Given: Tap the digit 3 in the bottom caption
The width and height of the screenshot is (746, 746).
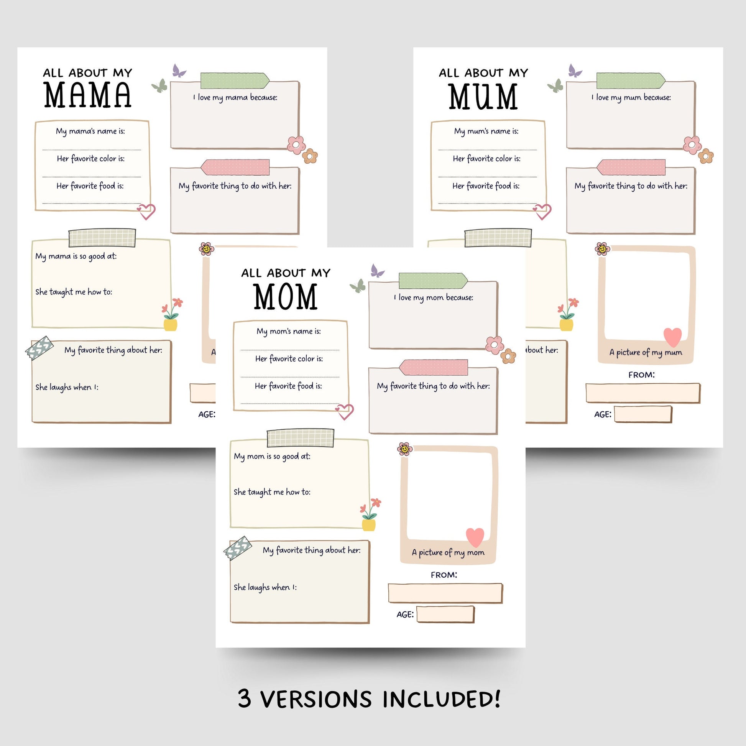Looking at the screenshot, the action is [245, 699].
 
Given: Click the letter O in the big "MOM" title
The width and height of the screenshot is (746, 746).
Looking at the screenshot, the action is [285, 297].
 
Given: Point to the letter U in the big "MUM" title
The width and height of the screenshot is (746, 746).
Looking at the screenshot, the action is [483, 97].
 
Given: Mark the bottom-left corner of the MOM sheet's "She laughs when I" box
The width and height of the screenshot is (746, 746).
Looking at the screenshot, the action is [231, 622].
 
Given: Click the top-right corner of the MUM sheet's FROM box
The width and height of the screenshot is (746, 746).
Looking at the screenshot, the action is [699, 384].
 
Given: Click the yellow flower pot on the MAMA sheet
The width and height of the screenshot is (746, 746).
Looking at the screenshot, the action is [170, 324].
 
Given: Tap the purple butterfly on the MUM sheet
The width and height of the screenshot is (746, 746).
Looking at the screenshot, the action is [575, 71].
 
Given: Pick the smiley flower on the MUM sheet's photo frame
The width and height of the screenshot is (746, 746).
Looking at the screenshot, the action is [602, 249].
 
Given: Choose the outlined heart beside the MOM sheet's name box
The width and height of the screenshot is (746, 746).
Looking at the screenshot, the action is [345, 411].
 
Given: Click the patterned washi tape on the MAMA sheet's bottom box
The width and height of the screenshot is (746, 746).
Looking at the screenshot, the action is [39, 348].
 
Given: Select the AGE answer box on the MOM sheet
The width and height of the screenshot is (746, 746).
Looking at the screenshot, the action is [445, 615].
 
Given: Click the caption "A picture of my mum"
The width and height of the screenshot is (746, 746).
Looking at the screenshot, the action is [646, 352].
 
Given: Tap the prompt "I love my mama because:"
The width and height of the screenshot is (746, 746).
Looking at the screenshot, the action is [235, 98].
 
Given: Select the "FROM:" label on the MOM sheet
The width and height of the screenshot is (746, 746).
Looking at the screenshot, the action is [444, 575].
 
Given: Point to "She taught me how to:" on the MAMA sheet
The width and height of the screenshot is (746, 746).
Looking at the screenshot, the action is [74, 292].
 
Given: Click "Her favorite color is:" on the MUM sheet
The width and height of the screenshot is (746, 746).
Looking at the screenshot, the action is [486, 159].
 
